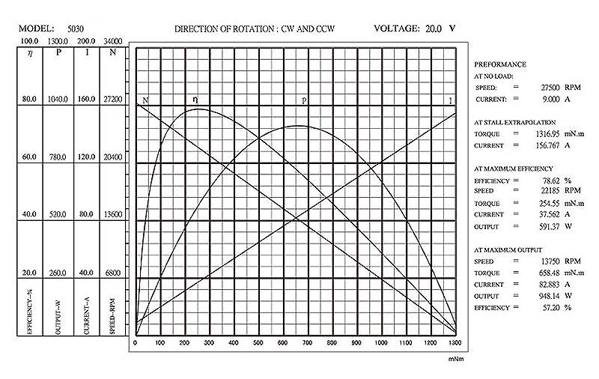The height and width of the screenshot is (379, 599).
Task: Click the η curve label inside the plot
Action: pos(195,99)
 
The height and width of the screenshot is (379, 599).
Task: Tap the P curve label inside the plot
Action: pos(304,100)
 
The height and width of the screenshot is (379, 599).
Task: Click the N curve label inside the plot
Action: pos(145,100)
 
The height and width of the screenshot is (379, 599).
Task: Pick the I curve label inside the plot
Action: pos(450,100)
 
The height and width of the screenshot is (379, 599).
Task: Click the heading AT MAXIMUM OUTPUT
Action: pos(513,249)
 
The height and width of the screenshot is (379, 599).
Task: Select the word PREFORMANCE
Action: pos(500,64)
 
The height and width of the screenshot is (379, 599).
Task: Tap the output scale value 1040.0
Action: pos(58,98)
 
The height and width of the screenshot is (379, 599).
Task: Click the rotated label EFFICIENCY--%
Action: pos(30,312)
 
